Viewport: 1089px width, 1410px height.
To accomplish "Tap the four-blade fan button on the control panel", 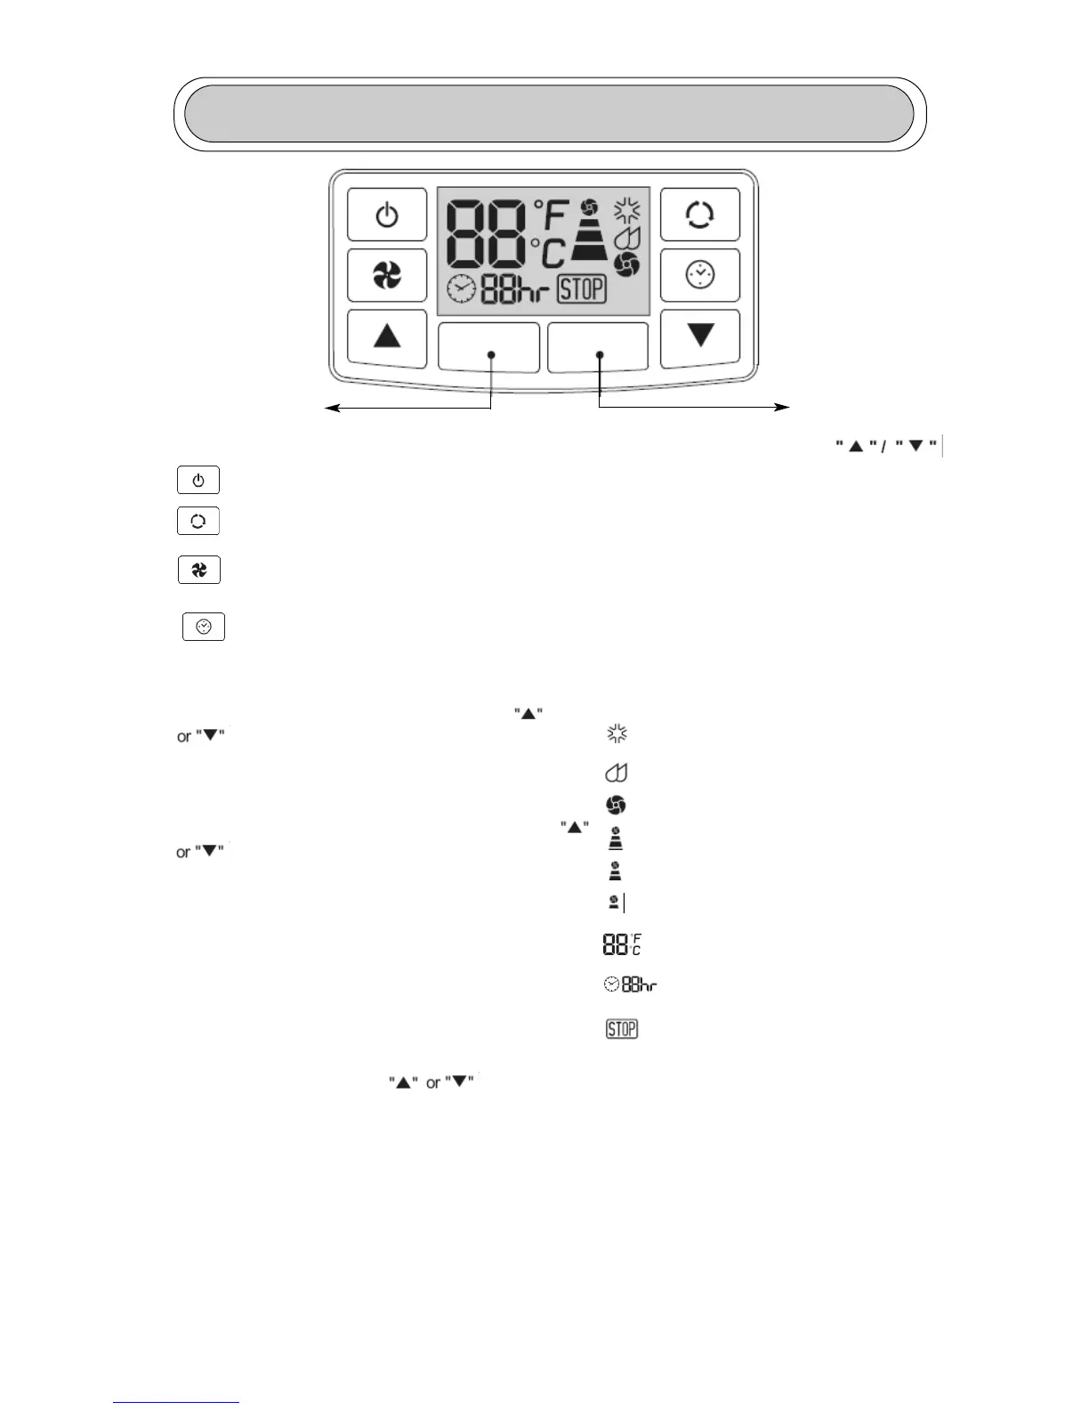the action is click(x=387, y=276).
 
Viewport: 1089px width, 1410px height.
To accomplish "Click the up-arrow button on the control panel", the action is click(x=387, y=336).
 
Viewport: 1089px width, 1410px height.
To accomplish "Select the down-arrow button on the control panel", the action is click(x=700, y=336).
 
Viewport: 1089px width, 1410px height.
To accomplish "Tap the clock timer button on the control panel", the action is click(x=700, y=275).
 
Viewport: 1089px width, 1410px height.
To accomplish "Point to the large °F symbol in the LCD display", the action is click(x=551, y=216).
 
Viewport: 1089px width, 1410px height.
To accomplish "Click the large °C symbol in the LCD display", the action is click(x=549, y=253).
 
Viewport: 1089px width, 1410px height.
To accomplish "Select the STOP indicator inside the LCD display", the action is click(x=582, y=288).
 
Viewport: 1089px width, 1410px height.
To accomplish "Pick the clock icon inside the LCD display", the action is click(x=461, y=289).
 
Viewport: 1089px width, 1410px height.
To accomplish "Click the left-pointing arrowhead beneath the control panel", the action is click(x=330, y=408).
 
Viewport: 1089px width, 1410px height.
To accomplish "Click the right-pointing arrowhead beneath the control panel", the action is click(x=783, y=408).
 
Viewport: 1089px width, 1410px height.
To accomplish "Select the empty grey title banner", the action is click(x=549, y=114).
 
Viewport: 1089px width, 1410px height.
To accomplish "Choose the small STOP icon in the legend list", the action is click(x=622, y=1029).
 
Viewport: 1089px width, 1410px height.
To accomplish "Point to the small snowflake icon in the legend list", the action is click(x=617, y=734).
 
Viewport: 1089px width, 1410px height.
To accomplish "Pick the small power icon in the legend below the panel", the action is click(x=198, y=481).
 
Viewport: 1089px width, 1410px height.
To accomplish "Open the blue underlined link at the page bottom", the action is click(x=176, y=1402).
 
